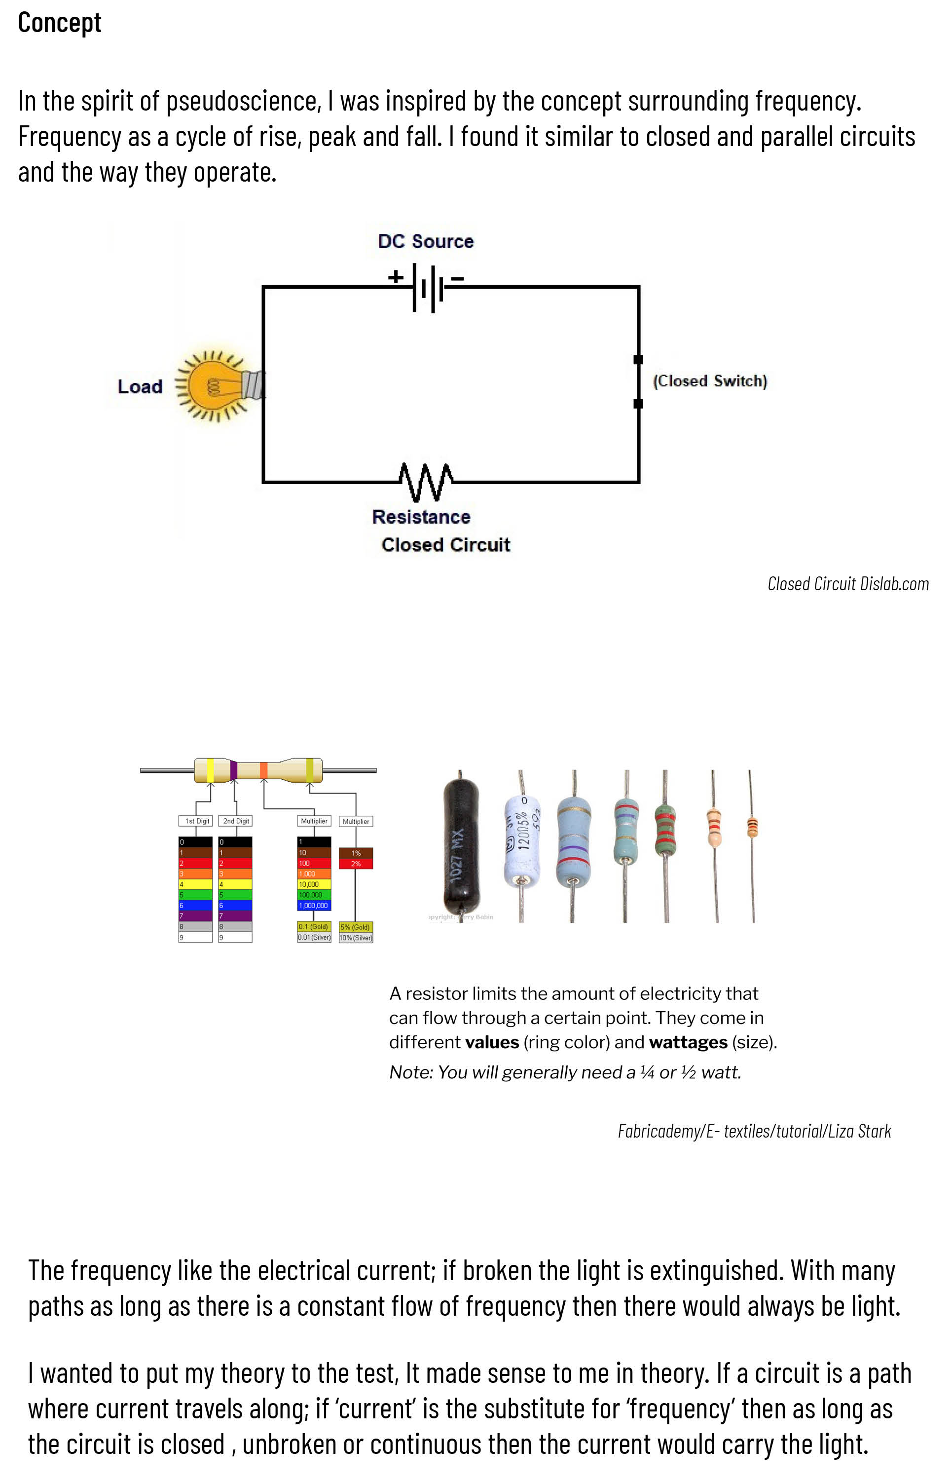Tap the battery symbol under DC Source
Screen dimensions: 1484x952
(427, 288)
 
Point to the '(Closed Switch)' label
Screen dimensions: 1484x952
(710, 381)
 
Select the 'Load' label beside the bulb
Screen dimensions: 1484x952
(140, 386)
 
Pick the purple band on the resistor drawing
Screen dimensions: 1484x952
(234, 770)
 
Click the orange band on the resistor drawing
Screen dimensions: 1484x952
(264, 770)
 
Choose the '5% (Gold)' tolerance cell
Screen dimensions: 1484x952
(356, 927)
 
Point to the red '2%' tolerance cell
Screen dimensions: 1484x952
(356, 864)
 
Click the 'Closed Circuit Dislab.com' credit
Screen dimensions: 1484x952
(847, 584)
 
